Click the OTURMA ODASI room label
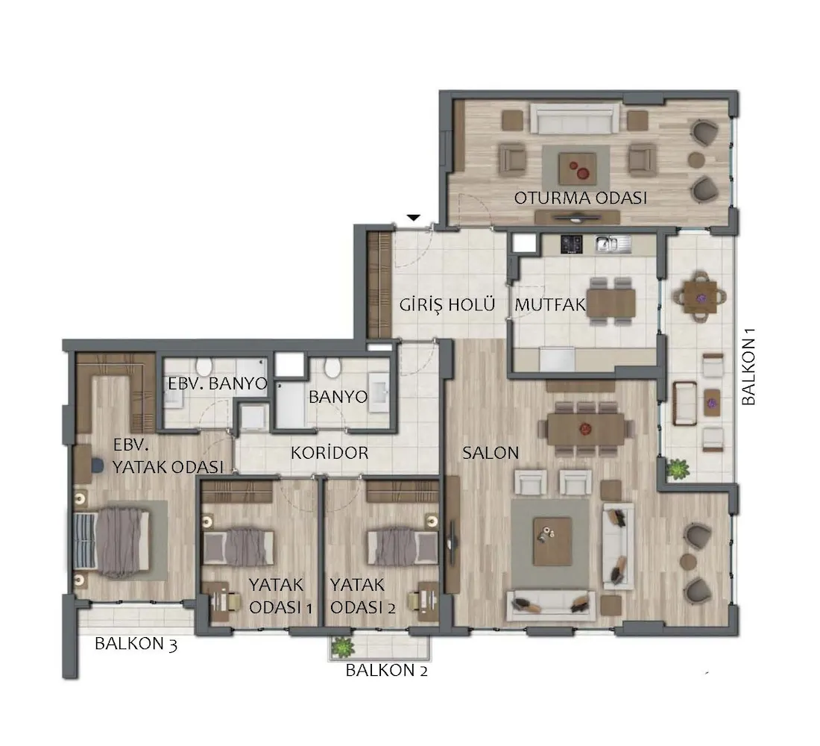tap(581, 198)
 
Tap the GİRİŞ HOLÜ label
tap(447, 304)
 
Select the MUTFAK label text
tap(550, 304)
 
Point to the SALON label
tap(491, 453)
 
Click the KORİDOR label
tap(329, 452)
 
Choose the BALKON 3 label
tap(136, 643)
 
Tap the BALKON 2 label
tap(386, 670)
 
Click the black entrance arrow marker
tap(414, 217)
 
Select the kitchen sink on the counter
tap(612, 243)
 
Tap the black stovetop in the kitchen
tap(572, 244)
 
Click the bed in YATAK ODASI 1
tap(239, 547)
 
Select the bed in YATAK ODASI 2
tap(403, 547)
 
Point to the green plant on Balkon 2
tap(342, 647)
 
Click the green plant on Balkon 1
tap(677, 468)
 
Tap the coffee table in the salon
tap(552, 541)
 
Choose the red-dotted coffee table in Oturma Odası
tap(577, 168)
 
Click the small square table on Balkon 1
tap(700, 298)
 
